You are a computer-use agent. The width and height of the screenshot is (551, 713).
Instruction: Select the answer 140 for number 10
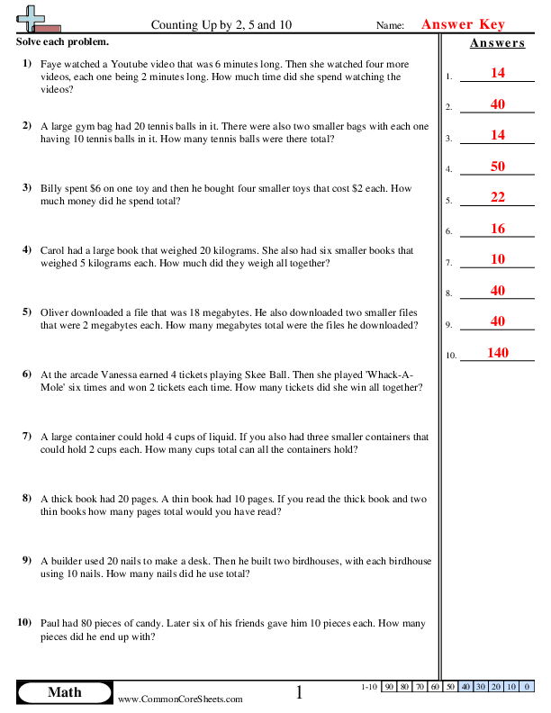point(497,353)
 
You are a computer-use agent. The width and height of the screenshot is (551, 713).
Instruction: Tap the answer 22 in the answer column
point(497,197)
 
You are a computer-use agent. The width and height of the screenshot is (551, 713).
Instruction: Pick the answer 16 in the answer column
point(497,229)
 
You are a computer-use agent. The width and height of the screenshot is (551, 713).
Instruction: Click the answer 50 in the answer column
point(497,166)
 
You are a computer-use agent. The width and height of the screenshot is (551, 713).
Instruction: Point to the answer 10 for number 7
point(497,259)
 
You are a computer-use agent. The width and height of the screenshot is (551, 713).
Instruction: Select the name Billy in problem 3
point(53,189)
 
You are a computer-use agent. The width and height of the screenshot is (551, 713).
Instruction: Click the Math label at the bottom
point(64,691)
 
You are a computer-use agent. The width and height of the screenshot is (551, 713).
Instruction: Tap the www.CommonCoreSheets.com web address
point(180,699)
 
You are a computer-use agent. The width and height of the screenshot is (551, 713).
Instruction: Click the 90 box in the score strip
point(390,687)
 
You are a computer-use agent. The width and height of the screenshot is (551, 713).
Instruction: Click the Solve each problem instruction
point(62,42)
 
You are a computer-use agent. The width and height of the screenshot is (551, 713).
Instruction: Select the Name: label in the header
point(390,26)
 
